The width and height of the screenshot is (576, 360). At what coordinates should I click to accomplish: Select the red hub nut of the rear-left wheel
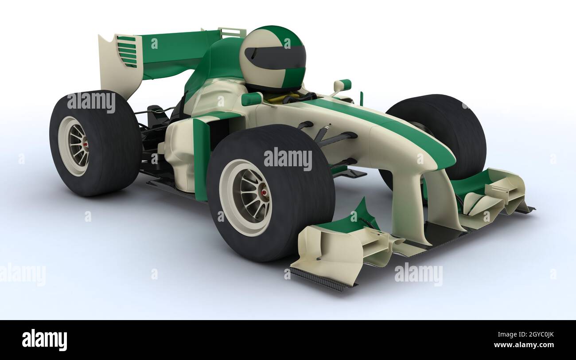[84, 145]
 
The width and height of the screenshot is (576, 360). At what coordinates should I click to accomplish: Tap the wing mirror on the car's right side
[342, 85]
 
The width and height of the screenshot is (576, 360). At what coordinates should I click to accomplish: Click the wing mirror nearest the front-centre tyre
[252, 98]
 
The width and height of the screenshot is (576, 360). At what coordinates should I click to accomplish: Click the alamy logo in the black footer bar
[44, 340]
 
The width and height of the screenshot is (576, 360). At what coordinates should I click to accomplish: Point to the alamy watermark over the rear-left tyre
[91, 102]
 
